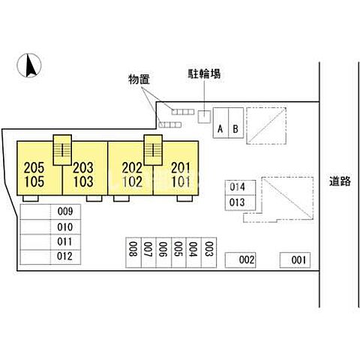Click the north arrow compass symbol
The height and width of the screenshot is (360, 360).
(x=29, y=65)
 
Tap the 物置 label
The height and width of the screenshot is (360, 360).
(x=139, y=79)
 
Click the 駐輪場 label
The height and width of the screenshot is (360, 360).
(x=204, y=73)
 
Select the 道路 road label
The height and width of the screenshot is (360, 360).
(x=340, y=181)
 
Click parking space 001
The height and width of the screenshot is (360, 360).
(x=295, y=260)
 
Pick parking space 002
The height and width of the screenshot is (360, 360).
(x=241, y=260)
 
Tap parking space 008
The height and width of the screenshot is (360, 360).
(x=133, y=253)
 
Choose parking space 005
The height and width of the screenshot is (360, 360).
(x=178, y=253)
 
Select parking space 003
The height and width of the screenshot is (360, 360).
(x=208, y=253)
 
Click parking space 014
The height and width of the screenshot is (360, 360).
(x=240, y=187)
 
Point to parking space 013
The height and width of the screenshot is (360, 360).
(x=240, y=202)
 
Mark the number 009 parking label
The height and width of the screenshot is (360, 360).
(x=65, y=211)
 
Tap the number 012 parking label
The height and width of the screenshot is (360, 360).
(x=64, y=256)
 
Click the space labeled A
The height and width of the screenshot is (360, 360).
(x=220, y=123)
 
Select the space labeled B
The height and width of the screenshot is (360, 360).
(x=236, y=123)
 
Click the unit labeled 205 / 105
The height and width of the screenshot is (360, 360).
(x=40, y=168)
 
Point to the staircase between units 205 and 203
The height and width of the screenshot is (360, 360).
(x=62, y=150)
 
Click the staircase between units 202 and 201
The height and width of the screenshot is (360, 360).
(x=153, y=150)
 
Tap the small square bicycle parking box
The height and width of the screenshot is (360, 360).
(x=205, y=117)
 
